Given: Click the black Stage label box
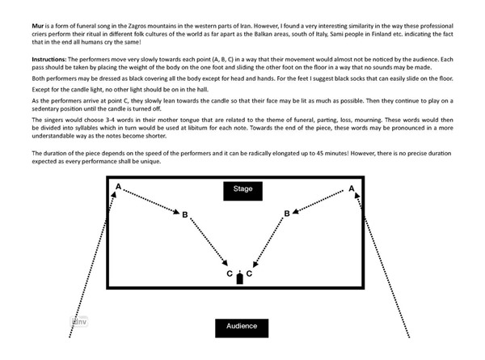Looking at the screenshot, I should tap(242, 189).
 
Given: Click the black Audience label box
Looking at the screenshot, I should tap(242, 326).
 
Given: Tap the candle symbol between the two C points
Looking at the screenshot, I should tap(239, 278).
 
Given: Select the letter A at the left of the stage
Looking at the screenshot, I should tap(119, 188).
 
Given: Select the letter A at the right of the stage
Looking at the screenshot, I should tap(352, 188).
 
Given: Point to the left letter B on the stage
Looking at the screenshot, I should tap(185, 214).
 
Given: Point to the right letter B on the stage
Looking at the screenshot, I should tap(287, 214).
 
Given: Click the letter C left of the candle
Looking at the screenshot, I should tap(230, 274).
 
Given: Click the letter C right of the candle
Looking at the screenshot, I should tap(250, 274).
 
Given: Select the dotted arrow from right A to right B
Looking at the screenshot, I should tap(320, 201).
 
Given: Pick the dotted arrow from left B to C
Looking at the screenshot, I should tap(207, 244).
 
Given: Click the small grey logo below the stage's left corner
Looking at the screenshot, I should tap(78, 321).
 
